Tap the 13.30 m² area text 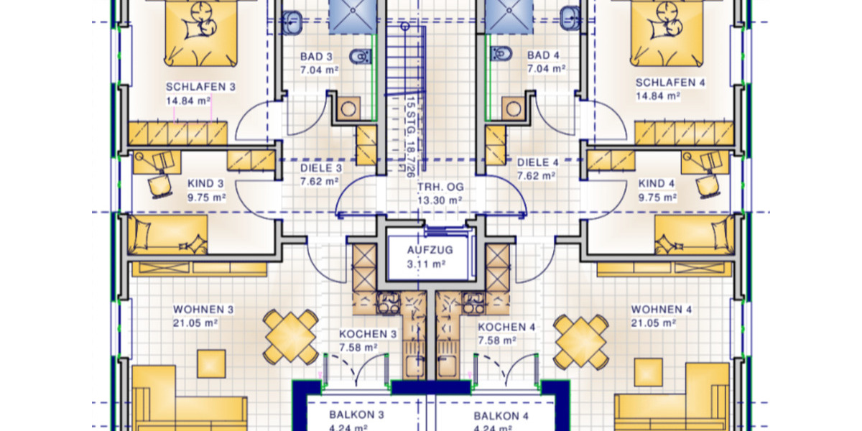tap(440, 200)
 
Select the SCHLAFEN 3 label tap(200, 86)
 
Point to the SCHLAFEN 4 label tap(670, 83)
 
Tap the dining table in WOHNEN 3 tap(291, 335)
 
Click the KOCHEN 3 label tap(368, 334)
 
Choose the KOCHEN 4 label tap(506, 327)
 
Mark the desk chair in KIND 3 tap(159, 185)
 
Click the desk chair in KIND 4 tap(707, 185)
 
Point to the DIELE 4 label tap(537, 162)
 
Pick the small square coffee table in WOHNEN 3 tap(211, 363)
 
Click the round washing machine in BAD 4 tap(513, 108)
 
